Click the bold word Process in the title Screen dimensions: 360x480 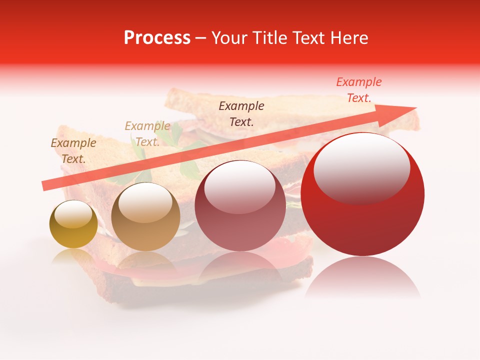[157, 38]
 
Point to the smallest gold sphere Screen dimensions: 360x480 [73, 224]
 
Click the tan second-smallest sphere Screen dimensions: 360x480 [145, 216]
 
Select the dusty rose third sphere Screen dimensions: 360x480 [239, 206]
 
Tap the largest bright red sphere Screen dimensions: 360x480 [362, 195]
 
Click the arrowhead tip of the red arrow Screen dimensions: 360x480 [415, 107]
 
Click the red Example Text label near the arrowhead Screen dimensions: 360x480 [358, 90]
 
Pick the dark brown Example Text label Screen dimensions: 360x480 [241, 113]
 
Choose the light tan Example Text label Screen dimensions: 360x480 [147, 133]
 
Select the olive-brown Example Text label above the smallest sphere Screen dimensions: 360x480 [73, 150]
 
